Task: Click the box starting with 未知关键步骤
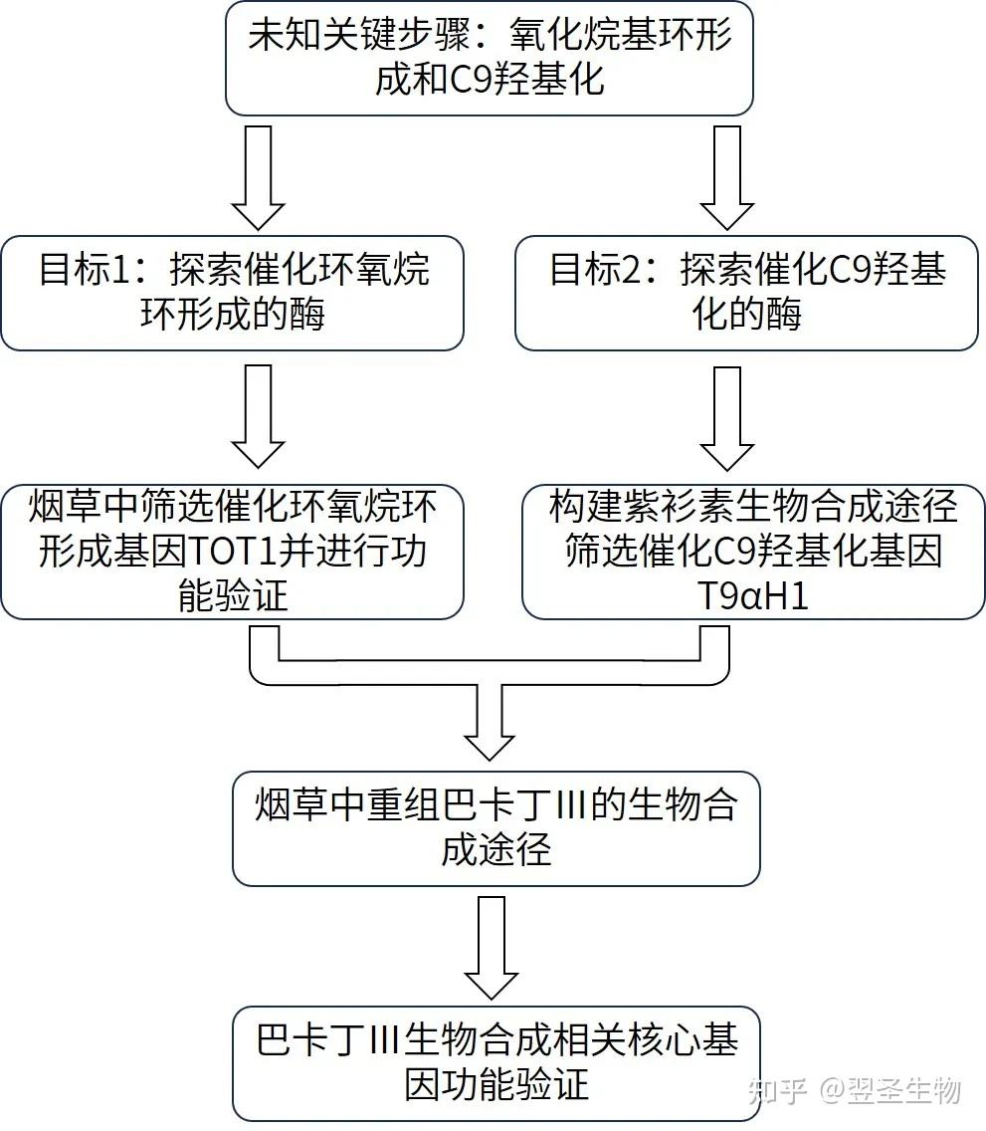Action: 489,58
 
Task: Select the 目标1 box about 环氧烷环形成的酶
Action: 232,293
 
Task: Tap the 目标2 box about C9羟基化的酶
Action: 746,293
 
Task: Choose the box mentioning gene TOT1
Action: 232,552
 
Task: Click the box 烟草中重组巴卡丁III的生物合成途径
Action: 495,827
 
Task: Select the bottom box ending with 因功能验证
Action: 495,1063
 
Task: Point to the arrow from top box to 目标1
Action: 258,178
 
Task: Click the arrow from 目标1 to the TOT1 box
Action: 258,415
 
